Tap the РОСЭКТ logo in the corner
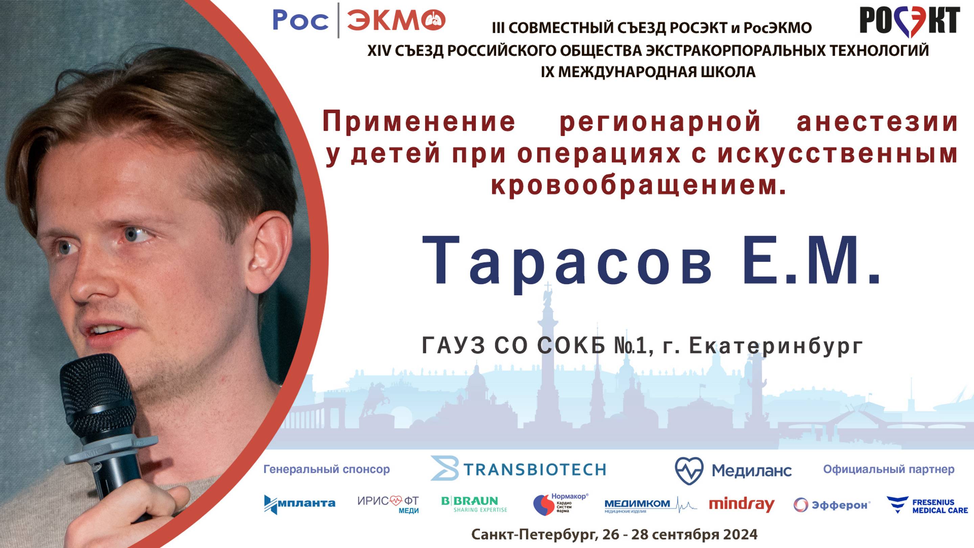[x=909, y=21]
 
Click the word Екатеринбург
[x=775, y=346]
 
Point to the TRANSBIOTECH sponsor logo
[x=518, y=469]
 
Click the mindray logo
[x=741, y=504]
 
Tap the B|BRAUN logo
[x=474, y=504]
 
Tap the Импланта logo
[x=299, y=504]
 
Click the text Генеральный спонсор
[x=326, y=469]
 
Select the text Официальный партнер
[x=888, y=469]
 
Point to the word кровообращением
[x=639, y=185]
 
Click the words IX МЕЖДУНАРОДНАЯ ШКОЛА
[x=648, y=72]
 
